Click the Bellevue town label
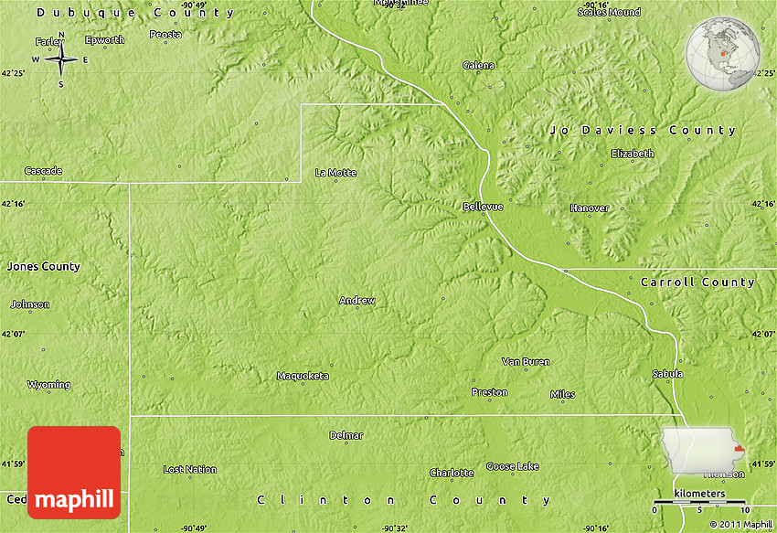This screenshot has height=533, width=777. click(x=483, y=207)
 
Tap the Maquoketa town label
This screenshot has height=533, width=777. click(x=303, y=376)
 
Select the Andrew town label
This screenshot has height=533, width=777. click(x=357, y=300)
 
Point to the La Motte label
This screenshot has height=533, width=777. click(x=335, y=172)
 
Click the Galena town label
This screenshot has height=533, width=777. click(x=478, y=65)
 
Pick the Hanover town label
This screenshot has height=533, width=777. click(x=589, y=208)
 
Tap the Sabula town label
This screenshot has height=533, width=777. click(x=667, y=374)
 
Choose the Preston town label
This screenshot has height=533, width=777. click(x=489, y=392)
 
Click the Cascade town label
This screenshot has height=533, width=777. click(x=43, y=171)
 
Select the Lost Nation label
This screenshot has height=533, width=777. click(x=189, y=469)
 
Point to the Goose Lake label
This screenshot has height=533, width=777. click(x=512, y=466)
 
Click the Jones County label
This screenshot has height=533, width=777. click(x=43, y=266)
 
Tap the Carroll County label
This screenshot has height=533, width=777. click(x=697, y=282)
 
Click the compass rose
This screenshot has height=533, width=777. click(x=61, y=60)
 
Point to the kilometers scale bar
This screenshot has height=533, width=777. click(x=701, y=503)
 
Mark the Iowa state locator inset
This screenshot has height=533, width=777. click(x=703, y=451)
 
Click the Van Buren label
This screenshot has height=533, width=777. click(x=526, y=361)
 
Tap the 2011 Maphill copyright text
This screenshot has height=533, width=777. click(x=740, y=524)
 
